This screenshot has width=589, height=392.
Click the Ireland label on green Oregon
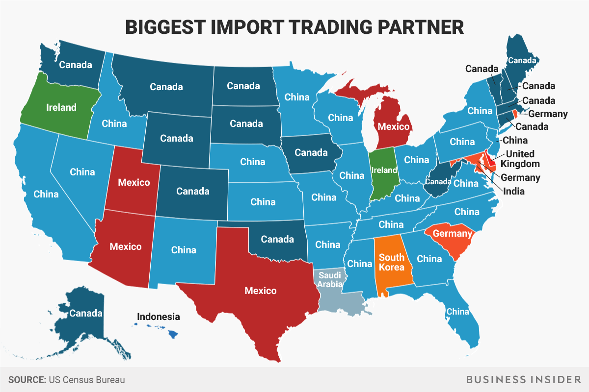point(61,107)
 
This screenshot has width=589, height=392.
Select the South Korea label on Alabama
point(392,262)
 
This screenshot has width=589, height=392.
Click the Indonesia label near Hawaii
point(158,317)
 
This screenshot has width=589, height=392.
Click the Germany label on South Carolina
point(453,233)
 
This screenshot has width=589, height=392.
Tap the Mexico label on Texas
point(261,291)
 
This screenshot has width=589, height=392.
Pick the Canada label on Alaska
point(85,313)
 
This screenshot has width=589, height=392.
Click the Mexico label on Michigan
point(393,126)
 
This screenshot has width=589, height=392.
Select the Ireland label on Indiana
point(384,170)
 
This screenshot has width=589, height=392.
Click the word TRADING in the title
point(327,27)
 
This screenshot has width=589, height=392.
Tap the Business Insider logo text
point(528,380)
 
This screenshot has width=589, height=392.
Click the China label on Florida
point(457,311)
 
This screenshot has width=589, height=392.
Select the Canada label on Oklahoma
point(277,239)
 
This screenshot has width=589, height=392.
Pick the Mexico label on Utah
point(134,182)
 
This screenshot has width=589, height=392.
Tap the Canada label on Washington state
point(76,64)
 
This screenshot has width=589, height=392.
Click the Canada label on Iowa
point(311,152)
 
